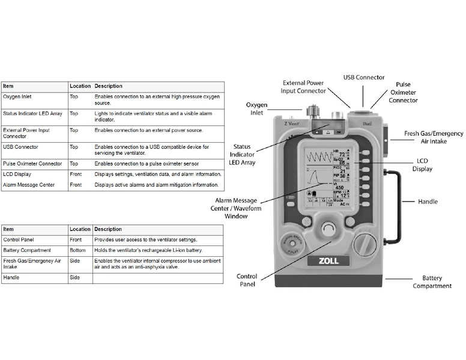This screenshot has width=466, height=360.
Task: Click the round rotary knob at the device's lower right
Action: point(365,244)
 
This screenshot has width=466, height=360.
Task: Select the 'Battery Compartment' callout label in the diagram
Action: point(432,282)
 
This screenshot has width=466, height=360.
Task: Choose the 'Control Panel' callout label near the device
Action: point(247,280)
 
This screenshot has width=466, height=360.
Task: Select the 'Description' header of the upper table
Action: point(108,86)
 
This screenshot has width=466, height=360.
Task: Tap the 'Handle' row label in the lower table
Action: point(12,278)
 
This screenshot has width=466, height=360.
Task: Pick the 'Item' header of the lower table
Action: point(8,229)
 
